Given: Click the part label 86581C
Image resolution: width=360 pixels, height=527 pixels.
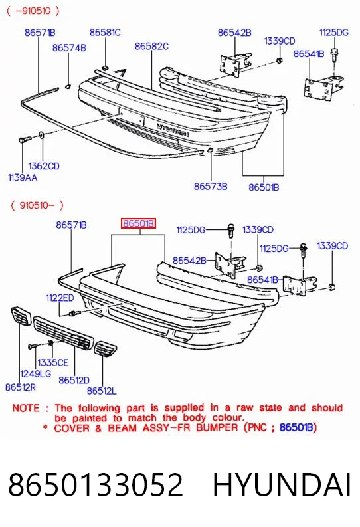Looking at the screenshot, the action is click(105, 33).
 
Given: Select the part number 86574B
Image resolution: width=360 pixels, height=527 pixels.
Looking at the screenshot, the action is click(69, 48).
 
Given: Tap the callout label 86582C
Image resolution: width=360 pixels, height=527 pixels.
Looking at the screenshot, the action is click(152, 46).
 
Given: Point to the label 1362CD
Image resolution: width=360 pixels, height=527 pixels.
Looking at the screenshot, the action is click(44, 166).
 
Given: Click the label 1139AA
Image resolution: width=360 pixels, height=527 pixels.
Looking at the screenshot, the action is click(23, 177).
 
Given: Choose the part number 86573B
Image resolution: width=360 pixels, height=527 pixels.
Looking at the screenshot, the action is click(211, 186).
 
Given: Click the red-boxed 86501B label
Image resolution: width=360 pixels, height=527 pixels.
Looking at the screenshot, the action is click(138, 223).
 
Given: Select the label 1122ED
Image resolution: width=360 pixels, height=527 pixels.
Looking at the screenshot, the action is click(60, 298).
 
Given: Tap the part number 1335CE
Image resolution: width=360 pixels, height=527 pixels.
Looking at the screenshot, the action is click(52, 362).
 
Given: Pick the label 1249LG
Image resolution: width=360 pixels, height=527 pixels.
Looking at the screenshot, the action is click(36, 373).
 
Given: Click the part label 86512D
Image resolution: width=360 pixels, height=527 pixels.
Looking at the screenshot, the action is click(74, 380).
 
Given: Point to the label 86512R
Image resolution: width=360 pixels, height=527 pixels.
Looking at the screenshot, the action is click(21, 387).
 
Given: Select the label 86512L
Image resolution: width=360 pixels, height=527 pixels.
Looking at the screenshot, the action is click(102, 391).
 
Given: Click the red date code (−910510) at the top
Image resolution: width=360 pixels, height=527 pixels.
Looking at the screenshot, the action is click(33, 11).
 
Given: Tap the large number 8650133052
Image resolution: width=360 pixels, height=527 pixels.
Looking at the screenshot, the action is click(96, 484).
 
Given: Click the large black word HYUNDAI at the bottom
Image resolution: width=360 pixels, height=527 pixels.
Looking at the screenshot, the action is click(282, 485).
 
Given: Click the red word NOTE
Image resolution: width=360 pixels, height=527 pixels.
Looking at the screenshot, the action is click(26, 408).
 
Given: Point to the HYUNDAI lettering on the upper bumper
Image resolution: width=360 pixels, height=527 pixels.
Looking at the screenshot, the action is click(173, 130).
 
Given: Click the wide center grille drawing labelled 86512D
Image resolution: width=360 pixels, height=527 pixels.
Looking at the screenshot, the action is click(64, 333).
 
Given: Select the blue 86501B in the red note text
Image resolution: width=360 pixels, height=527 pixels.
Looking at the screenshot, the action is click(296, 427).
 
